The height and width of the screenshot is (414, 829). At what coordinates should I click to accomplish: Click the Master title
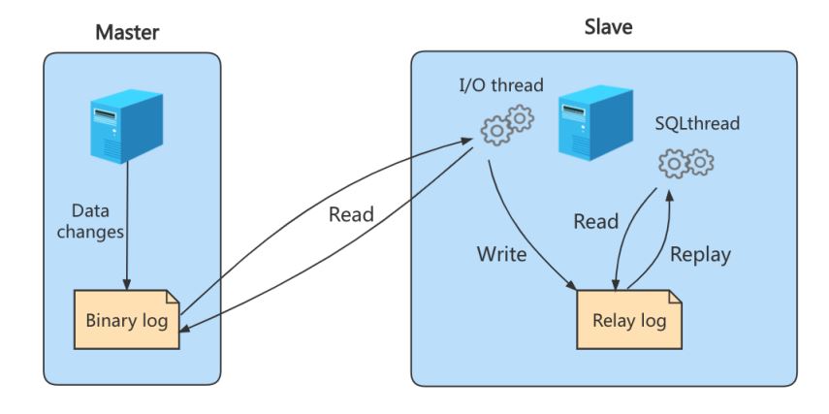pos(127,33)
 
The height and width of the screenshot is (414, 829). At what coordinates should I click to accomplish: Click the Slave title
pos(608,26)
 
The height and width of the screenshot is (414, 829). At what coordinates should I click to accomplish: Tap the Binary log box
pos(127,319)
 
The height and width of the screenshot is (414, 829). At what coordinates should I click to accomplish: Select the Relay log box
pos(629,319)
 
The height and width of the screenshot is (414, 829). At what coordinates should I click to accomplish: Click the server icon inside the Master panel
pos(126,126)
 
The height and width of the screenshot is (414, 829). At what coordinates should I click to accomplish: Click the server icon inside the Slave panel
pos(596,123)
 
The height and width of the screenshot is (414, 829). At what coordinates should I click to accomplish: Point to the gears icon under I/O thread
pos(507,125)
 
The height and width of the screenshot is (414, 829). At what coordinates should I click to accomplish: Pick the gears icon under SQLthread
pos(686,163)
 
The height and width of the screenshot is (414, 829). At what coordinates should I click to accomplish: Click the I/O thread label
pos(500,85)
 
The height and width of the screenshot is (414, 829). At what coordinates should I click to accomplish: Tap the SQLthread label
pos(697,124)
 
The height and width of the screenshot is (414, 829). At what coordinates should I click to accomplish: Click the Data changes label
pos(90,221)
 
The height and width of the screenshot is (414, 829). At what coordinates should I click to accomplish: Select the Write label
pos(501,254)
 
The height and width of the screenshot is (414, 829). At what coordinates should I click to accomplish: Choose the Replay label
pos(700,254)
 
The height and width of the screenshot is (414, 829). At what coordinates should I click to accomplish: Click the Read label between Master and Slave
pos(351,214)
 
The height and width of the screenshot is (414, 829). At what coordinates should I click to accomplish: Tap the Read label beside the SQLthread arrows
pos(596,221)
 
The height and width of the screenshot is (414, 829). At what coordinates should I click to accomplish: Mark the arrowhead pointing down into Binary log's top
pos(127,284)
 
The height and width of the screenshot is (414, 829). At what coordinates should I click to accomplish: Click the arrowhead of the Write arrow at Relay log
pos(572,284)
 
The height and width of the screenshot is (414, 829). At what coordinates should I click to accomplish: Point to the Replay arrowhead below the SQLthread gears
pos(669,195)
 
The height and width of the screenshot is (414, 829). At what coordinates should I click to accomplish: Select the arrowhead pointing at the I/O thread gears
pos(466,141)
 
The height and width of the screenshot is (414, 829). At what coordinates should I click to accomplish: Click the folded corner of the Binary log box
pos(173,297)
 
